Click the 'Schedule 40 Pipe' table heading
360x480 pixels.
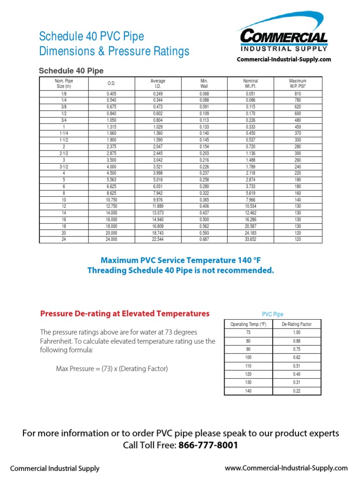(71, 71)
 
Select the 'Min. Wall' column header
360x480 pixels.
(204, 83)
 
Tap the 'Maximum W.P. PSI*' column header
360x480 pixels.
(298, 83)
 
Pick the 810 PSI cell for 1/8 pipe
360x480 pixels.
(298, 94)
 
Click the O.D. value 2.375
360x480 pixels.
(111, 147)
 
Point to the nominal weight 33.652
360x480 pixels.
(251, 239)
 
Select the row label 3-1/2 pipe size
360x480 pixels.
(64, 166)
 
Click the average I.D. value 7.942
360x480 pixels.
(157, 193)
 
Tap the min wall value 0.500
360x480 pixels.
(204, 219)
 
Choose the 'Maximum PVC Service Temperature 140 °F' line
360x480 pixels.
(180, 260)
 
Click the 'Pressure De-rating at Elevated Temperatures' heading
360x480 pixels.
(125, 313)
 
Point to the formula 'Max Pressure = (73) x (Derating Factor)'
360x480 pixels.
(112, 369)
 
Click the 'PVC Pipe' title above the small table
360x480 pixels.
(272, 315)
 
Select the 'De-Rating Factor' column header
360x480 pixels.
(296, 324)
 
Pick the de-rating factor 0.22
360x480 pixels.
(296, 390)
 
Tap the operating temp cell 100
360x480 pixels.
(248, 357)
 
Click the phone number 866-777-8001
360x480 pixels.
(208, 445)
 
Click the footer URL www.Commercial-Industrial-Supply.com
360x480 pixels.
(286, 468)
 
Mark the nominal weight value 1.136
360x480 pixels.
(251, 153)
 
